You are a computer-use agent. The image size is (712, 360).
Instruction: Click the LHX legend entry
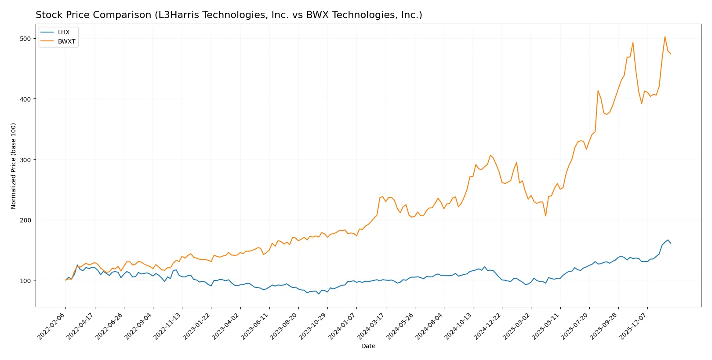(63, 33)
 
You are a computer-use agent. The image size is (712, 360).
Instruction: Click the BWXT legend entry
(66, 42)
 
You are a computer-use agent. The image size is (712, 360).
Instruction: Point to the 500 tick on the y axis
(25, 39)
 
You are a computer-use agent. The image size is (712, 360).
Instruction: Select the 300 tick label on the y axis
(25, 160)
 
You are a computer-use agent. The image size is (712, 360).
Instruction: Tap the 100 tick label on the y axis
(25, 280)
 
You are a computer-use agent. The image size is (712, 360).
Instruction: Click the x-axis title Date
(368, 346)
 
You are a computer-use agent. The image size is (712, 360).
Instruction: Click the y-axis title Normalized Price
(14, 166)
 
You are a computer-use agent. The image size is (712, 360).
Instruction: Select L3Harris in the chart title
(178, 15)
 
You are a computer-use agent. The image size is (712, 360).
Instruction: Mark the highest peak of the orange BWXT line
(665, 36)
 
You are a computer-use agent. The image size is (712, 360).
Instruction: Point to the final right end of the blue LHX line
(671, 243)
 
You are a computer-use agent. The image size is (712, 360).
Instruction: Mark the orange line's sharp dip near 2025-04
(546, 216)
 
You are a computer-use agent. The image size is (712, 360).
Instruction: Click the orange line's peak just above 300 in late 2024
(490, 155)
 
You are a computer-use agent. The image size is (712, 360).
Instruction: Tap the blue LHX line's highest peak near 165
(668, 240)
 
